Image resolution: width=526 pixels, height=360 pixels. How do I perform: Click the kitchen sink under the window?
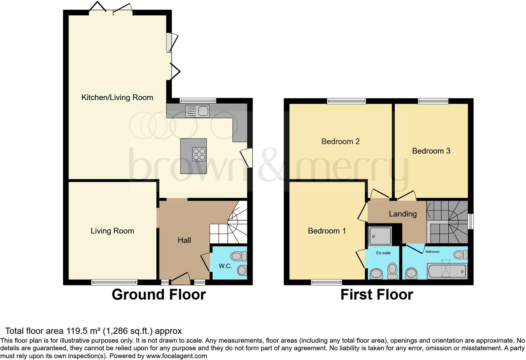[x=197, y=111]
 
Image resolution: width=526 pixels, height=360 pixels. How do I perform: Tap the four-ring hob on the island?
[x=199, y=154]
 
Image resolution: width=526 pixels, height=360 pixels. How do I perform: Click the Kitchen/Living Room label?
[x=117, y=98]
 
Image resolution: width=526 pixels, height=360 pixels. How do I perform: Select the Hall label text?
[x=184, y=240]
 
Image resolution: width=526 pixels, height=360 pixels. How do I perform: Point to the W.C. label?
[x=225, y=266]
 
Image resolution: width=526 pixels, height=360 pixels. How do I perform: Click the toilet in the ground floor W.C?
[x=238, y=256]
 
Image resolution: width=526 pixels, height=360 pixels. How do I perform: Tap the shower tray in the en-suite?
[x=380, y=235]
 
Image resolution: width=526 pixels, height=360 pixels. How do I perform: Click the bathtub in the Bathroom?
[x=447, y=271]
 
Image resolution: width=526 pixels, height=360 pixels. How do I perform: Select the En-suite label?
[x=383, y=253]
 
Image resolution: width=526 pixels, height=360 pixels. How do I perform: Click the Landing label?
[x=403, y=214]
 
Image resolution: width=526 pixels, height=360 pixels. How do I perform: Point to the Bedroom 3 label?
[x=431, y=151]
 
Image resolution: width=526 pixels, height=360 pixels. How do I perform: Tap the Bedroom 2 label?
[x=340, y=141]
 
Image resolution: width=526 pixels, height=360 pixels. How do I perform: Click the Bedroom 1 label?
[x=327, y=231]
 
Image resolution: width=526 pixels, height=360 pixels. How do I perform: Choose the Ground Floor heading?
[x=159, y=295]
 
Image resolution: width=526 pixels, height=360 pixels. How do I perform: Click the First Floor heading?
[x=377, y=295]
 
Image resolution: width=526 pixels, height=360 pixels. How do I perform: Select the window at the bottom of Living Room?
[x=114, y=282]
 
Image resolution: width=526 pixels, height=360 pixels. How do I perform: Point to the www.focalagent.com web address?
[x=176, y=356]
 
